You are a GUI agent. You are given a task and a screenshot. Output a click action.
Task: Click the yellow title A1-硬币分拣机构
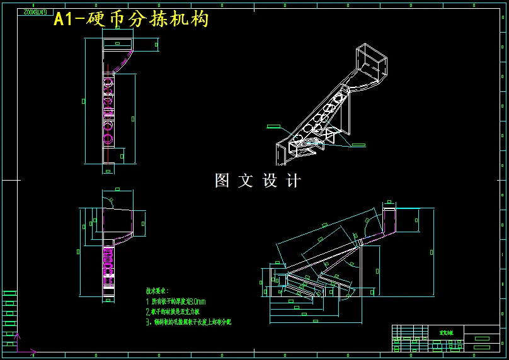pos(130,20)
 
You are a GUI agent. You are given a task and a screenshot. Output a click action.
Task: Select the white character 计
pos(294,181)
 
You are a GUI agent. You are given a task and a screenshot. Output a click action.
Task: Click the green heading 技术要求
pos(157,291)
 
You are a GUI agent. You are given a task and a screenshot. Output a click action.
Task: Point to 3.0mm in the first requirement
pos(197,301)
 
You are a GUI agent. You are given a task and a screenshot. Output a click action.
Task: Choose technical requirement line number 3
pos(188,322)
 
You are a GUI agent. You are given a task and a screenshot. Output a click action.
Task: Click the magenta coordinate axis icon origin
pos(17,350)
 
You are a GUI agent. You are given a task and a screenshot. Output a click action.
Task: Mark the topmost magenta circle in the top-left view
pos(108,82)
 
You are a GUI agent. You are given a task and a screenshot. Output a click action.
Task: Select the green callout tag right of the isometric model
pos(358,145)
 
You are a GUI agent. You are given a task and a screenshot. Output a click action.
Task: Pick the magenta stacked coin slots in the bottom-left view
pos(108,264)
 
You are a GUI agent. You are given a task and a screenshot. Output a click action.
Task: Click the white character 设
pos(270,181)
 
